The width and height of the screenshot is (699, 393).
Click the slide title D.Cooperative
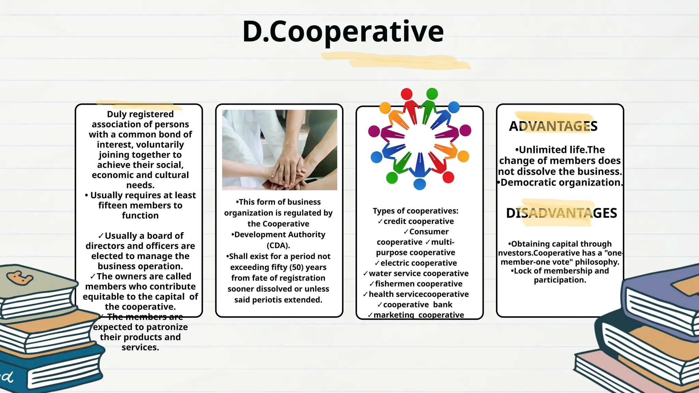point(343,31)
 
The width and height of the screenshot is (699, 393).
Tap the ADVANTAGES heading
point(553,126)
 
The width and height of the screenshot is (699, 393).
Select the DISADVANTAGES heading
point(561,213)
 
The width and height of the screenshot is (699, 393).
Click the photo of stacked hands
point(280,150)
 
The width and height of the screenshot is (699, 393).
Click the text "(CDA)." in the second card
point(278,245)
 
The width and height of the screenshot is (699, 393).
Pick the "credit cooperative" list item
point(418,221)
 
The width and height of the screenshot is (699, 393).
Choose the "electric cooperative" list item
point(418,263)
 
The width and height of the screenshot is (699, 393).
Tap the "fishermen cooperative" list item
point(418,284)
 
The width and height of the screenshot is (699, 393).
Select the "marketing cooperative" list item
point(418,315)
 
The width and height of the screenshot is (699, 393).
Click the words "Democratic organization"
point(560,183)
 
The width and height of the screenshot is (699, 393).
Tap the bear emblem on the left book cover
point(19,278)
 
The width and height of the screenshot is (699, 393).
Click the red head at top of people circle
point(406,94)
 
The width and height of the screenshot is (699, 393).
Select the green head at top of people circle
point(432,93)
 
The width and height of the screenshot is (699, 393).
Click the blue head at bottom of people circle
point(419,184)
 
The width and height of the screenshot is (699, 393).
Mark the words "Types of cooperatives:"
point(415,211)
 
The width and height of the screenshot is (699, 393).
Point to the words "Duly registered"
point(140,114)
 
